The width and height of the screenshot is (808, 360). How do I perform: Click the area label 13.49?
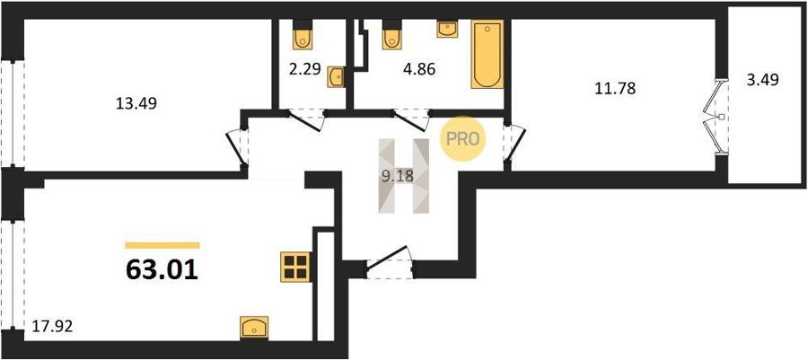pyautogui.click(x=137, y=104)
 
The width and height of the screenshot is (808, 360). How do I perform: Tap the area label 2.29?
pyautogui.click(x=304, y=68)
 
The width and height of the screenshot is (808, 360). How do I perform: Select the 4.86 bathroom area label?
pyautogui.click(x=418, y=68)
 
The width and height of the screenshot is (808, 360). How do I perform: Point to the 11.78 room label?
pyautogui.click(x=615, y=88)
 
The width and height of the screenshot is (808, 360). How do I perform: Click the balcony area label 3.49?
pyautogui.click(x=762, y=79)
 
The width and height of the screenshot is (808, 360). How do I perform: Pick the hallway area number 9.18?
pyautogui.click(x=397, y=176)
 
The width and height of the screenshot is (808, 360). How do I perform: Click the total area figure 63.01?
pyautogui.click(x=162, y=270)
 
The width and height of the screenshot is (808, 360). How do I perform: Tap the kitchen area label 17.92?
pyautogui.click(x=52, y=327)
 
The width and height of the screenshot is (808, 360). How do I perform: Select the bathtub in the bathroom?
pyautogui.click(x=487, y=54)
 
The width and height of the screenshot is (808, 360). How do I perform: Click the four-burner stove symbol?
pyautogui.click(x=295, y=267)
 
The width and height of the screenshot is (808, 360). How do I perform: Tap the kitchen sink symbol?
pyautogui.click(x=254, y=327)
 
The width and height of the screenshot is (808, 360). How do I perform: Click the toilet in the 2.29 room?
pyautogui.click(x=302, y=34)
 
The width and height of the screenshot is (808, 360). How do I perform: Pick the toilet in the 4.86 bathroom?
pyautogui.click(x=392, y=34)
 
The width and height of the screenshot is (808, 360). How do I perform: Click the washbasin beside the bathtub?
pyautogui.click(x=447, y=29)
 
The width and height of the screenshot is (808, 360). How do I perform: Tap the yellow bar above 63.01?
pyautogui.click(x=162, y=245)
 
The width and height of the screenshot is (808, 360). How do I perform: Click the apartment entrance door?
pyautogui.click(x=389, y=263)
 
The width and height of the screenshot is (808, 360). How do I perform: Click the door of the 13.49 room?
pyautogui.click(x=238, y=146)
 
